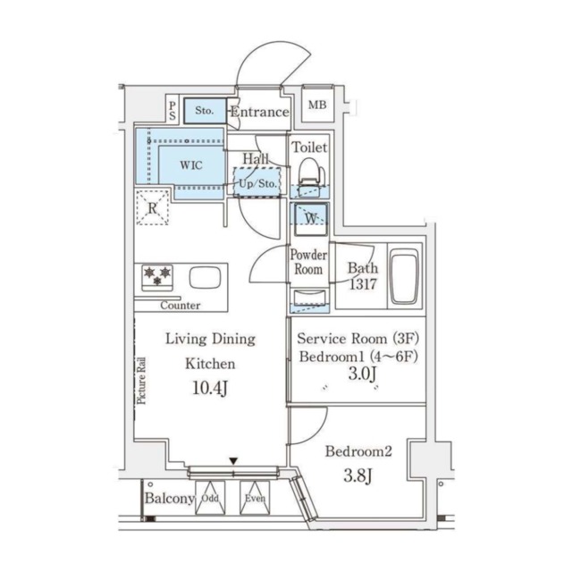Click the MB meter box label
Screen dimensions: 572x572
pos(317,105)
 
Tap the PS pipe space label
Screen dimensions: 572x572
pos(172,111)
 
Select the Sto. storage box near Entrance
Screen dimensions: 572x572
pos(205,110)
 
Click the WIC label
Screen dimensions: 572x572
pos(190,164)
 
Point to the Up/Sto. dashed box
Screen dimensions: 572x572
pos(257,182)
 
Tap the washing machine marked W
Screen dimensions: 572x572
pos(311,219)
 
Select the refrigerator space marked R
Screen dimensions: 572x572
pos(153,208)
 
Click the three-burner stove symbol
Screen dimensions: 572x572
pos(157,278)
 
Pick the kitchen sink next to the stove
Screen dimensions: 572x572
pos(205,278)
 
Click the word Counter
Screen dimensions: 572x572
pos(181,306)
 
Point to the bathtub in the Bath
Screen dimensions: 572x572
pos(404,276)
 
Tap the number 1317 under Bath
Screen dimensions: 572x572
pos(363,284)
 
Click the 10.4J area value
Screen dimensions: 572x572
pos(210,388)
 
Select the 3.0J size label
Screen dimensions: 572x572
pos(362,374)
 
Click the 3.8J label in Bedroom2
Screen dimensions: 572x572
pos(358,475)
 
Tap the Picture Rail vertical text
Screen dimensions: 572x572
pos(141,381)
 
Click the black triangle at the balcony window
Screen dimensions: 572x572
pos(233,461)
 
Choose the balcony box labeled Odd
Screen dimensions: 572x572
pos(210,498)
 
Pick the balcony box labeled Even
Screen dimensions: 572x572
pos(255,498)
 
